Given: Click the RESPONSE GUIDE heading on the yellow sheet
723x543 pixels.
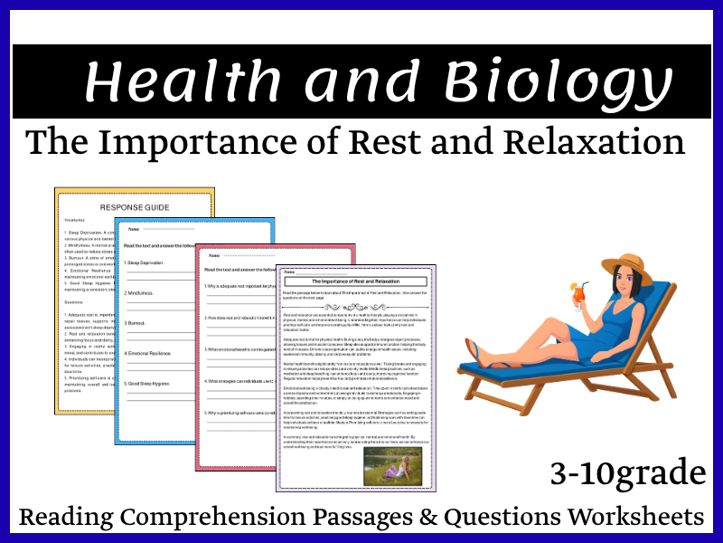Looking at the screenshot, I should (x=135, y=207).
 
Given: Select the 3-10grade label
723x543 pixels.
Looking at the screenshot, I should (x=626, y=472).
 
